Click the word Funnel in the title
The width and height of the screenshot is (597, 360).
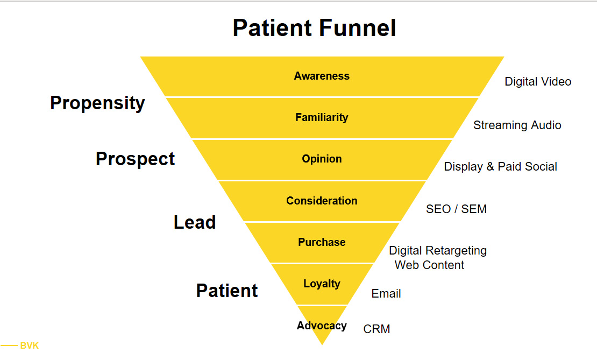point(358,28)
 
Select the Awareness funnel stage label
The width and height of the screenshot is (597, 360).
point(322,76)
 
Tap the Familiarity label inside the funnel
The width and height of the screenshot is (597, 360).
point(322,117)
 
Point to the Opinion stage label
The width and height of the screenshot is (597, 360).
point(322,159)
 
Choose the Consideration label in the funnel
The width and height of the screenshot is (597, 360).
point(322,201)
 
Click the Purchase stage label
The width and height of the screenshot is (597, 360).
point(322,242)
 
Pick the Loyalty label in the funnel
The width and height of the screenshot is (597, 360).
point(322,284)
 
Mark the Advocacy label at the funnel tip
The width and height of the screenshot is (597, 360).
point(322,326)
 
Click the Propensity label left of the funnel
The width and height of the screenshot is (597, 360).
point(97,103)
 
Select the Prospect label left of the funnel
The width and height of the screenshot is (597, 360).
point(135,159)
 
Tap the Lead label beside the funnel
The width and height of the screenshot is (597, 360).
point(195,222)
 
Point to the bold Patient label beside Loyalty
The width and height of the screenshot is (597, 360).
point(227,290)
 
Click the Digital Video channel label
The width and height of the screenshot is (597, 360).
point(538,81)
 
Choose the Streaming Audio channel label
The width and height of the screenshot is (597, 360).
point(517,125)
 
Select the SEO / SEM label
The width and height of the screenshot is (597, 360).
point(456,209)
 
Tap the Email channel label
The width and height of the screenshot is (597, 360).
point(386,293)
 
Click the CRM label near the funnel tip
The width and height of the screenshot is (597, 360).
point(376,329)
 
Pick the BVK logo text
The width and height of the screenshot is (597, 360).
point(30,345)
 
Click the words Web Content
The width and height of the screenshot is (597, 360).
point(430,265)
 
